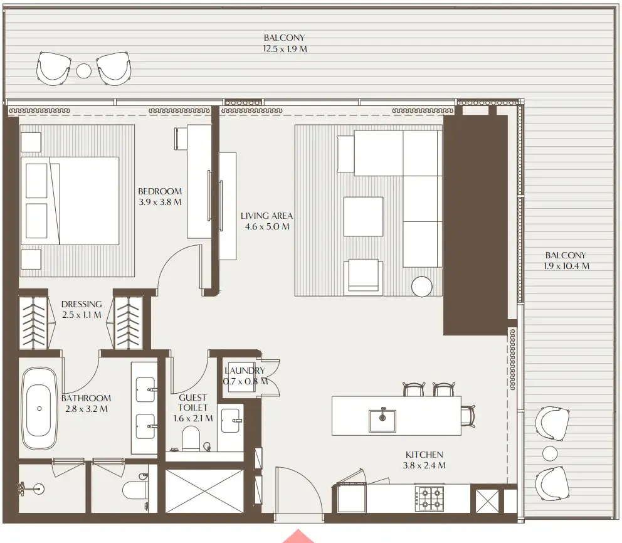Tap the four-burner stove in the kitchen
pos(429,498)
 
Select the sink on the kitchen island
pos(382,420)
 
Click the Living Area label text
pos(266,221)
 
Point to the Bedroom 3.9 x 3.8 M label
pos(160,196)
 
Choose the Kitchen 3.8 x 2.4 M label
pos(424,460)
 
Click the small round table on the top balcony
pos(84,70)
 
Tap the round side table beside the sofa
pos(422,287)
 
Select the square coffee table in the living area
pos(363,216)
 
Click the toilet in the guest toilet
pos(190,438)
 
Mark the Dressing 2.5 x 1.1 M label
pos(82,310)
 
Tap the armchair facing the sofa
pos(363,276)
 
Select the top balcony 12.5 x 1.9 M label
pos(285,43)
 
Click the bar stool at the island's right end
pos(467,415)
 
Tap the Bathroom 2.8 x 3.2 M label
pos(86,403)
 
